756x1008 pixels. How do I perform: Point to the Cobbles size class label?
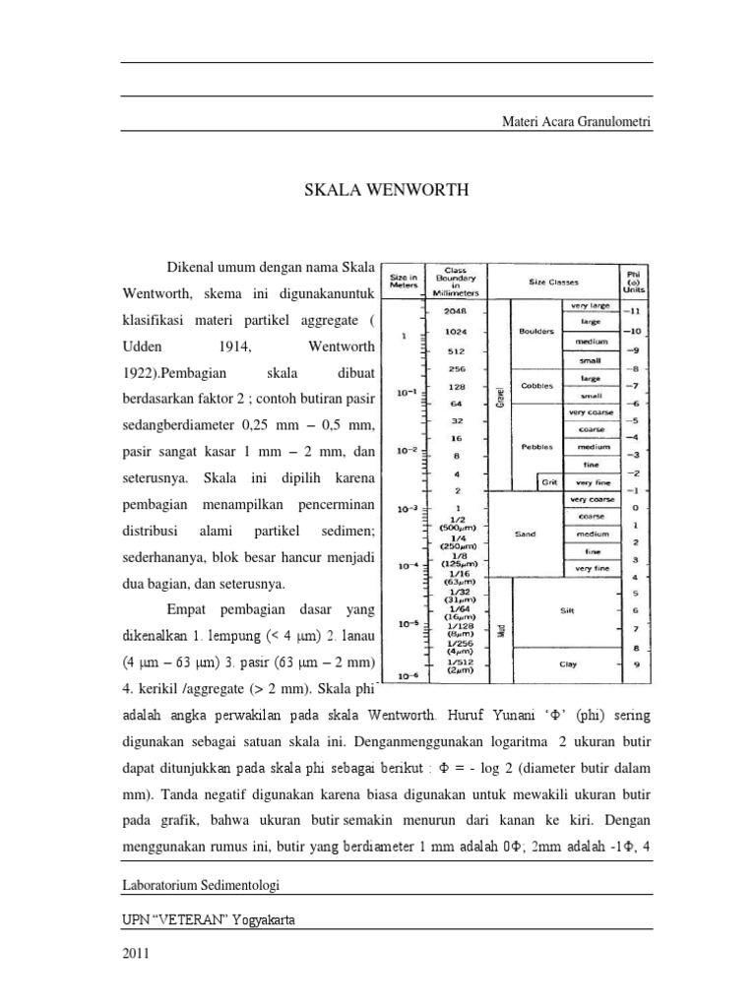tap(537, 385)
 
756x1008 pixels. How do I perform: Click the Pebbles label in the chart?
tap(537, 445)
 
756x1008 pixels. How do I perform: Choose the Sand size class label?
tap(524, 535)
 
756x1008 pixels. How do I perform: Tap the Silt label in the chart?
tap(567, 610)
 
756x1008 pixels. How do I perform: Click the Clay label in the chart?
tap(567, 664)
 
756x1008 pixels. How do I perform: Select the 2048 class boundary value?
tap(456, 311)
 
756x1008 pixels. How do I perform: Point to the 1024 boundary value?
tap(456, 331)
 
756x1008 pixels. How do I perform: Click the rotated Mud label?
tap(500, 630)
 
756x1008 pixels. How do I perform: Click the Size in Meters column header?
tap(405, 282)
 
